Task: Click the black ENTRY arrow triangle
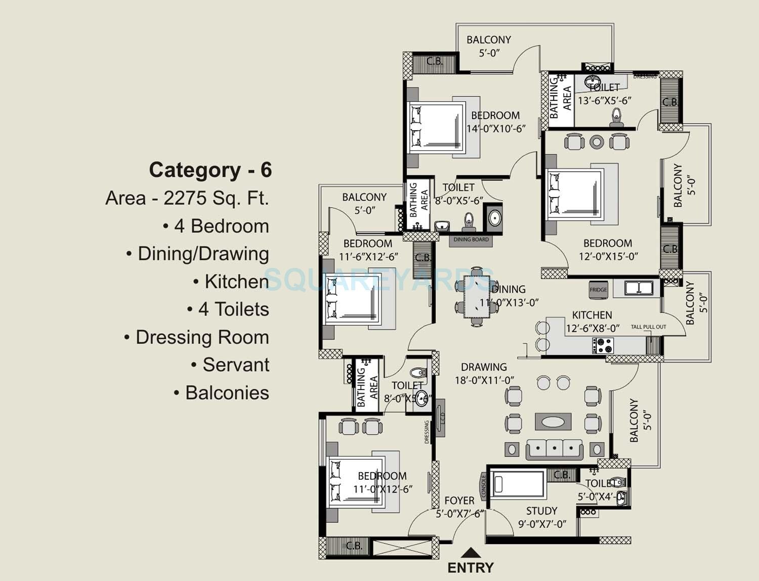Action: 471,553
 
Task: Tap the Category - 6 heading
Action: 210,170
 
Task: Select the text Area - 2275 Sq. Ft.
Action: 187,198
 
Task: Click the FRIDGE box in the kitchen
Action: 598,289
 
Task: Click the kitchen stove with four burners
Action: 603,345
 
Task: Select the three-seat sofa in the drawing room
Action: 554,449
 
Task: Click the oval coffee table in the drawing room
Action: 553,421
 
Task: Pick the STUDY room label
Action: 541,511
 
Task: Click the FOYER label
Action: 459,500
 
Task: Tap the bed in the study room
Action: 517,484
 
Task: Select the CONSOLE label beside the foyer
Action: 484,486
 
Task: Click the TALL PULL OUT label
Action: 648,327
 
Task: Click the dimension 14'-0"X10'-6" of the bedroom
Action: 496,129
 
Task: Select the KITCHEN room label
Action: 592,315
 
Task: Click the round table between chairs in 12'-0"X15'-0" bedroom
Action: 597,142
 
